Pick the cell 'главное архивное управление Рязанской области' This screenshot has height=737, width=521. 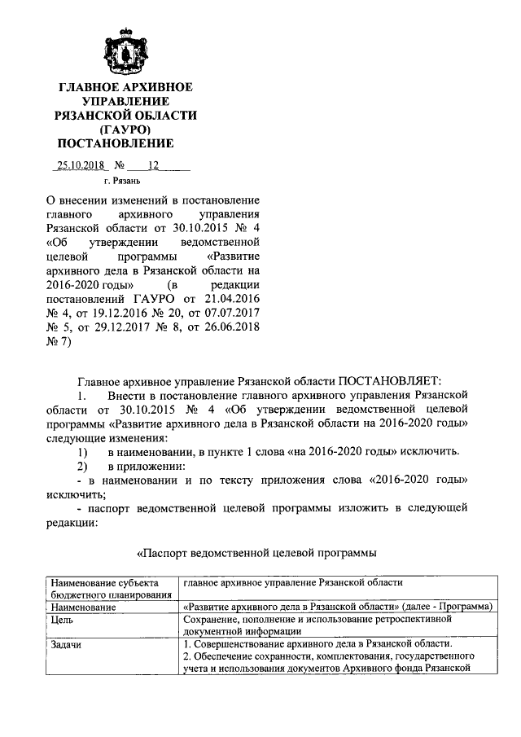[293, 582]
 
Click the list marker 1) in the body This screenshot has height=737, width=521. [82, 451]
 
